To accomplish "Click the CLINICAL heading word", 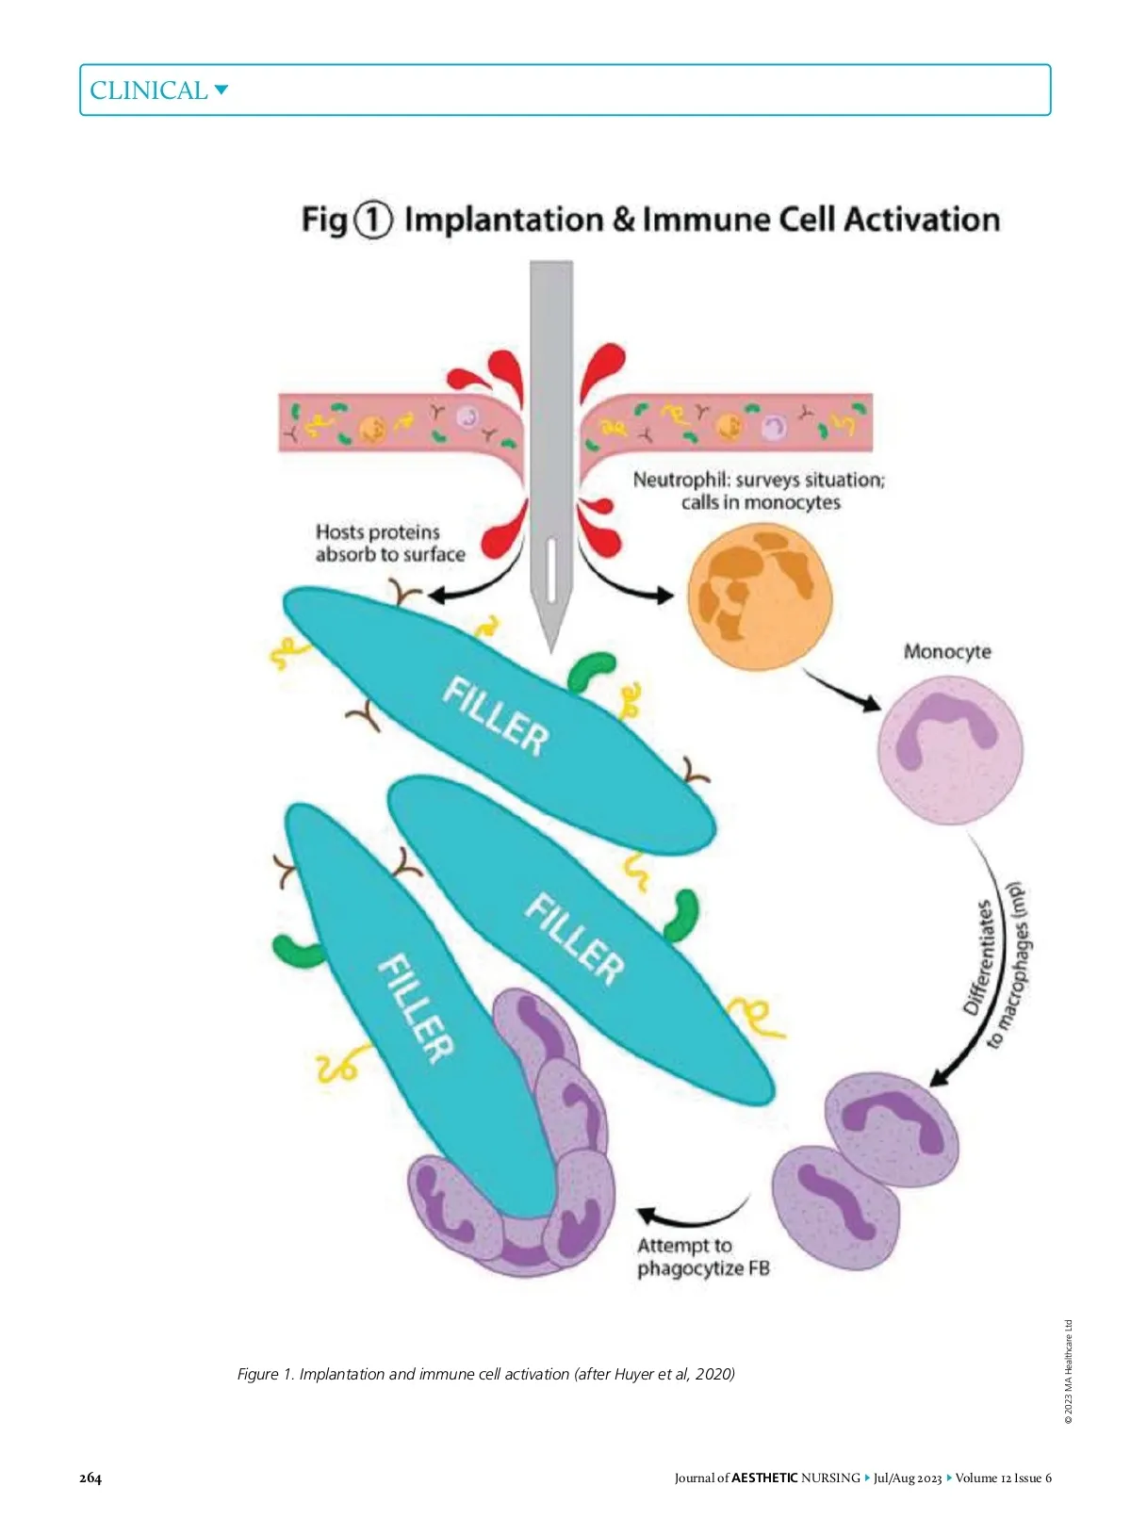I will coord(148,90).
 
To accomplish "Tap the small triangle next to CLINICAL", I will coord(221,90).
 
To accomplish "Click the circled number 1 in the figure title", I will coord(372,220).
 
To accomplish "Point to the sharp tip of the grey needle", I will coord(550,648).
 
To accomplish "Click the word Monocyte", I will coord(947,651).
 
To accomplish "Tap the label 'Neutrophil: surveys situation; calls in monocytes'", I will coord(760,491).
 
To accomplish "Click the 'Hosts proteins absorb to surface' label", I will coord(389,544).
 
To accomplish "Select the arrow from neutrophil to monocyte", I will coord(841,690).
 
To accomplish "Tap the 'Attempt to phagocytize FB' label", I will coord(703,1257).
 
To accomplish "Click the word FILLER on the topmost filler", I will coord(496,716).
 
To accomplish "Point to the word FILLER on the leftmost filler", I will coord(416,1008).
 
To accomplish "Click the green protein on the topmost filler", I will coord(590,670).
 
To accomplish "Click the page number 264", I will coord(90,1478).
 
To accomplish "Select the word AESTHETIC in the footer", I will coord(764,1478).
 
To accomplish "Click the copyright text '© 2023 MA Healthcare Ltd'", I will coord(1068,1371).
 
